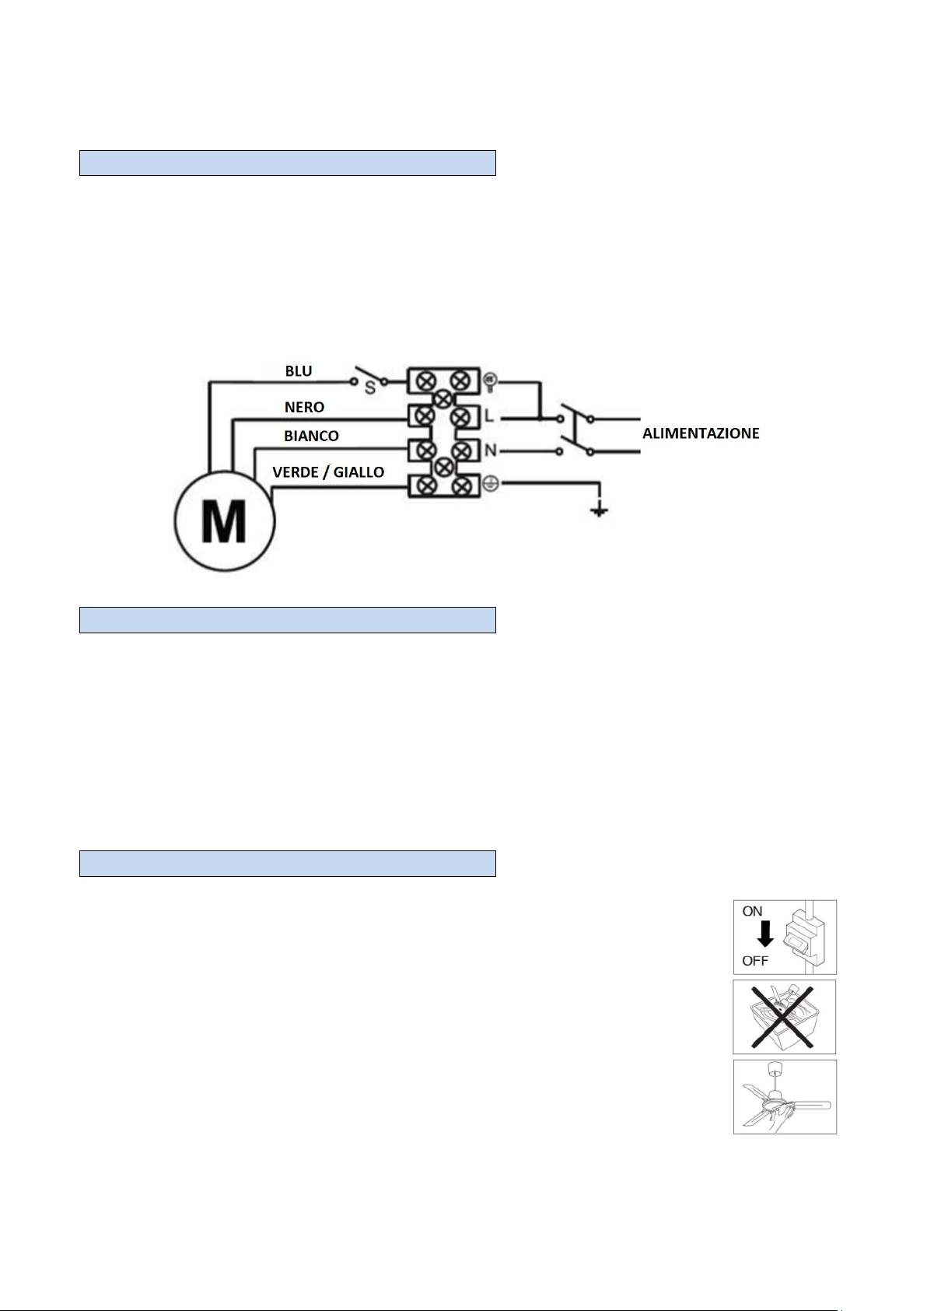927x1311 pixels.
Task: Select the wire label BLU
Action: click(x=299, y=371)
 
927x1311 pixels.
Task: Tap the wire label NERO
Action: click(x=304, y=407)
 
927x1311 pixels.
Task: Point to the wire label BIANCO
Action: click(x=311, y=436)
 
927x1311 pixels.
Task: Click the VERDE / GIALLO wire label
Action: click(x=328, y=472)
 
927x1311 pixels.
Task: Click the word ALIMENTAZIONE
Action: click(x=701, y=433)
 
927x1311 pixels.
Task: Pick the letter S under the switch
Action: click(x=369, y=388)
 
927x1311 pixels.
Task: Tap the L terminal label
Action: click(x=489, y=417)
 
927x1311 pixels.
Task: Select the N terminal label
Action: click(x=490, y=450)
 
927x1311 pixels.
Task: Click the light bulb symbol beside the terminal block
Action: click(x=490, y=381)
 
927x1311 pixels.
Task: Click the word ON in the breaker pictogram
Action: click(x=752, y=911)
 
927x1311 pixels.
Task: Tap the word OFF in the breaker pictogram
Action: click(x=754, y=960)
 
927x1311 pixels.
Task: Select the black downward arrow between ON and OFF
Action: click(x=765, y=934)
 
